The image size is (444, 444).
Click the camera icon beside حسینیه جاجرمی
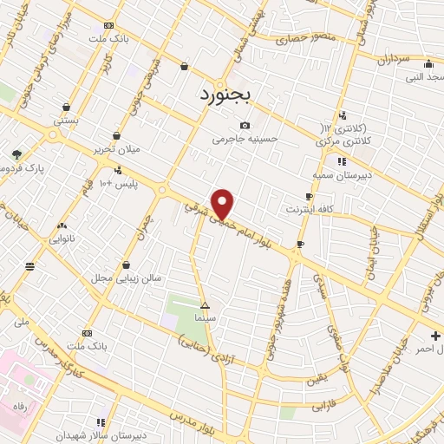244,124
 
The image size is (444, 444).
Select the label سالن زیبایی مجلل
127,278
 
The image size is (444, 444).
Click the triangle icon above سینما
205,306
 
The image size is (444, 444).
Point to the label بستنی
67,121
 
